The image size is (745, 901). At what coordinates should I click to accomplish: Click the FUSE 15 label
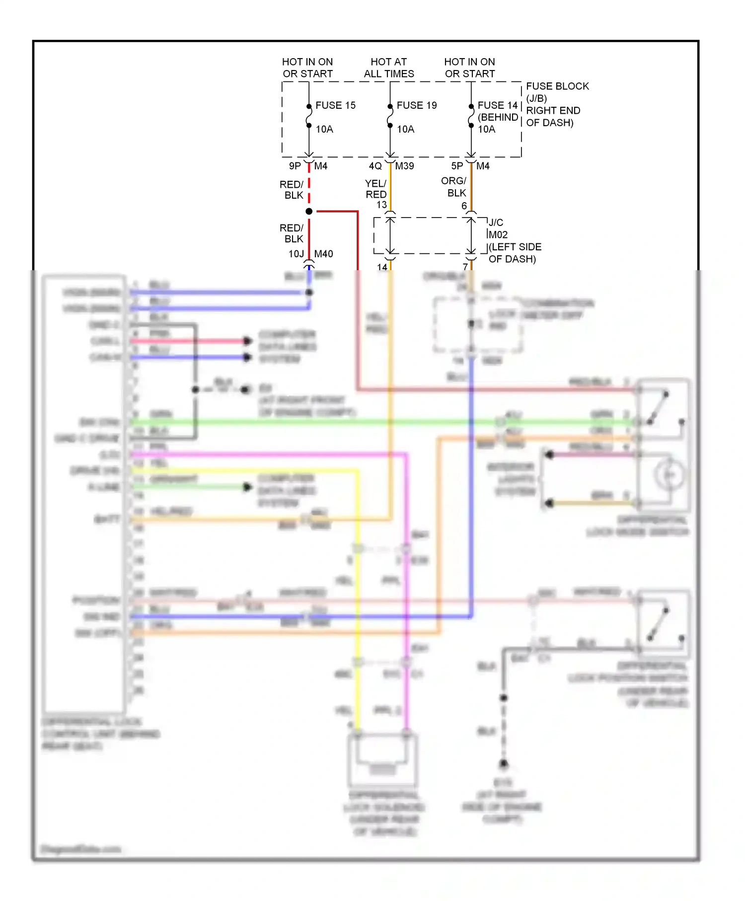tap(335, 105)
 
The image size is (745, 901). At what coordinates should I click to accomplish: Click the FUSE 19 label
tap(416, 105)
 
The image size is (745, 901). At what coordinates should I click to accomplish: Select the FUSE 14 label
tap(497, 105)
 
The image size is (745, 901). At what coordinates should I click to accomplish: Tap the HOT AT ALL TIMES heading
tap(388, 68)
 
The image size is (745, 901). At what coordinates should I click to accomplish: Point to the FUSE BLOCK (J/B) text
tap(557, 92)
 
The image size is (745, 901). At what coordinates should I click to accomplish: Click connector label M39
tap(404, 166)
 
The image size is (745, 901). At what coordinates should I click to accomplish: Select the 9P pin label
tap(295, 166)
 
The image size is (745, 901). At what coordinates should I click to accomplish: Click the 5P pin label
tap(457, 166)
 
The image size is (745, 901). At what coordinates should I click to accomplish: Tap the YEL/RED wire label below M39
tap(376, 189)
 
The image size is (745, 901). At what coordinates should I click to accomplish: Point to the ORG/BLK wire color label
tap(454, 187)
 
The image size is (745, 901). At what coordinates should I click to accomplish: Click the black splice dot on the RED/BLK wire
tap(309, 212)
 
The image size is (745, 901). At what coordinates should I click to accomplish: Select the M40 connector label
tap(323, 254)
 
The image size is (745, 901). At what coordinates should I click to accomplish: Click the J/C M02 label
tap(497, 228)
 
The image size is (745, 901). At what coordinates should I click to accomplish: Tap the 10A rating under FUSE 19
tap(405, 129)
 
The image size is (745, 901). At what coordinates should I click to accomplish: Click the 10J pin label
tap(296, 254)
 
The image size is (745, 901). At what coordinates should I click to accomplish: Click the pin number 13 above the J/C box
tap(381, 205)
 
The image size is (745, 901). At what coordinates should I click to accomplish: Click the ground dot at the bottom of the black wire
tap(504, 763)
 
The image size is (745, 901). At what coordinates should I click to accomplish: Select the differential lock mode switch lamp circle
tap(670, 475)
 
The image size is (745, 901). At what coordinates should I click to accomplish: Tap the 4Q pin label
tap(375, 166)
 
